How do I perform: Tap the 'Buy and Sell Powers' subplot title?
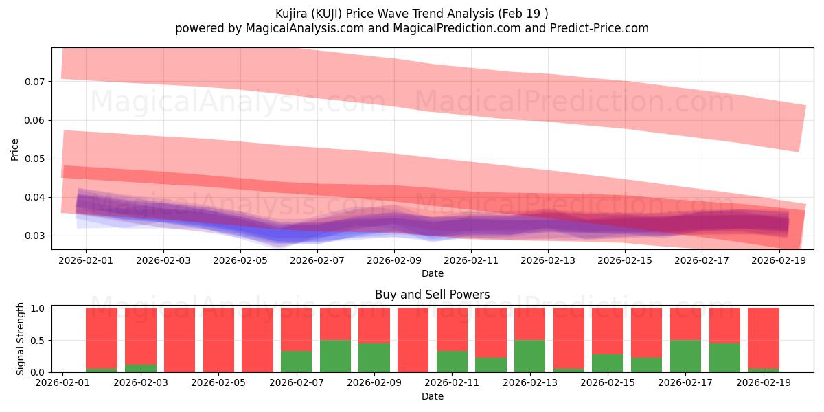(x=432, y=295)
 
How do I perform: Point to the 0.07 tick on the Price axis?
(x=34, y=82)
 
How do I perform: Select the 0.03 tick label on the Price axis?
(x=34, y=236)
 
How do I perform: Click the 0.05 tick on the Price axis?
(x=34, y=159)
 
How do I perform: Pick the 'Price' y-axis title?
(x=15, y=149)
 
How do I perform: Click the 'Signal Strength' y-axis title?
(x=21, y=338)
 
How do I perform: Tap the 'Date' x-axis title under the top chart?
(x=432, y=273)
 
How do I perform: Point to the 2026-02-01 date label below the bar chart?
(x=63, y=383)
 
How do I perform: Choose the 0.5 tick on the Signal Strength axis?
(x=38, y=340)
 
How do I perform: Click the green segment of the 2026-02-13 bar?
(x=529, y=356)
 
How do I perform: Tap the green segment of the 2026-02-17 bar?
(x=685, y=356)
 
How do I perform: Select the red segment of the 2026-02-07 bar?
(x=296, y=329)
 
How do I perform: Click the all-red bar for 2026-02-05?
(x=218, y=340)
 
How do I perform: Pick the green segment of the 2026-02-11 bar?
(x=452, y=361)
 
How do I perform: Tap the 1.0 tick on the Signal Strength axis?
(x=38, y=308)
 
